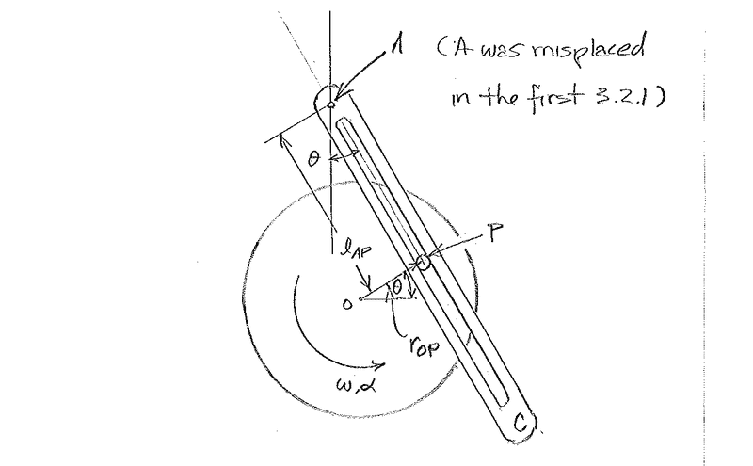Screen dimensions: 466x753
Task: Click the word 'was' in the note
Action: pyautogui.click(x=503, y=54)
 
